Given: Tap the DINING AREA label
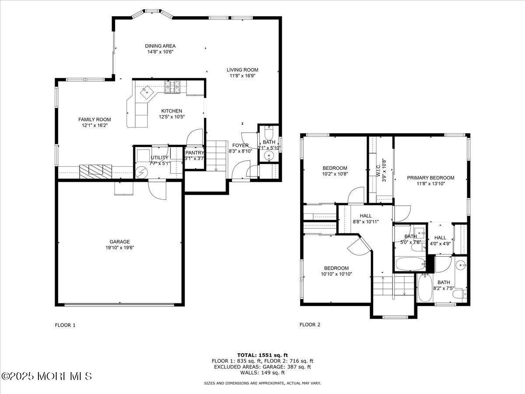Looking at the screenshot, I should click(x=160, y=46).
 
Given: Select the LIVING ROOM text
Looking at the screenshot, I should click(x=242, y=70).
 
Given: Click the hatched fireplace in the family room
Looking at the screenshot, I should click(x=95, y=170).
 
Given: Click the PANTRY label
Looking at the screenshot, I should click(x=194, y=153).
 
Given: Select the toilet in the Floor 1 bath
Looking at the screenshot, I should click(x=269, y=132).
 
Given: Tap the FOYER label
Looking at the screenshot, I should click(x=240, y=145).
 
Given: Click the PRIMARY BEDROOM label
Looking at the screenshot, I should click(x=430, y=178).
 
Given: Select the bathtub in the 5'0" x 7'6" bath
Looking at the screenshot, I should click(x=410, y=264).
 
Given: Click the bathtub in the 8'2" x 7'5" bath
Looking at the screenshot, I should click(x=424, y=288).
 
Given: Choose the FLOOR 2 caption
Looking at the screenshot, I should click(x=310, y=325).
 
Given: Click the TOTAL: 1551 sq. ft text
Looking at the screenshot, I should click(x=262, y=355).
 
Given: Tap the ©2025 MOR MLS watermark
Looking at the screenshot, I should click(x=46, y=376).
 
